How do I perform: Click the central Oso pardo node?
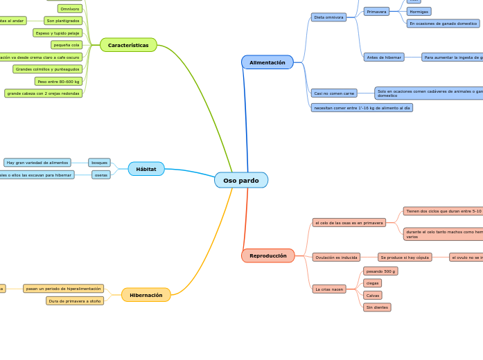[x=240, y=180]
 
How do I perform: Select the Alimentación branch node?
[x=267, y=62]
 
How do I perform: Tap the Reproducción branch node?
[x=267, y=255]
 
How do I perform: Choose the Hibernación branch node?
[x=146, y=295]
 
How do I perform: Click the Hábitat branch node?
[x=146, y=169]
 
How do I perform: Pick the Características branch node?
[x=128, y=45]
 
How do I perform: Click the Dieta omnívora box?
[x=328, y=17]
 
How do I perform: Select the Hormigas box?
[x=419, y=12]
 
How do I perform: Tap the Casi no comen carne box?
[x=334, y=93]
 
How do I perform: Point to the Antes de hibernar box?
[x=384, y=57]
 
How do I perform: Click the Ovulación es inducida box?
[x=336, y=258]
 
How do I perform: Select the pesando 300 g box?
[x=380, y=271]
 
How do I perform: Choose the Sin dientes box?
[x=377, y=307]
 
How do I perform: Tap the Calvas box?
[x=372, y=296]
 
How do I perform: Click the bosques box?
[x=99, y=163]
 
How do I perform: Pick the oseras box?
[x=101, y=175]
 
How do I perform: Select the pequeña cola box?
[x=67, y=45]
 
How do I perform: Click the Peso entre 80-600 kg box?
[x=58, y=81]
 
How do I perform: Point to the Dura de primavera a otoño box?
[x=75, y=301]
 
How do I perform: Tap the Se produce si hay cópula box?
[x=405, y=258]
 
